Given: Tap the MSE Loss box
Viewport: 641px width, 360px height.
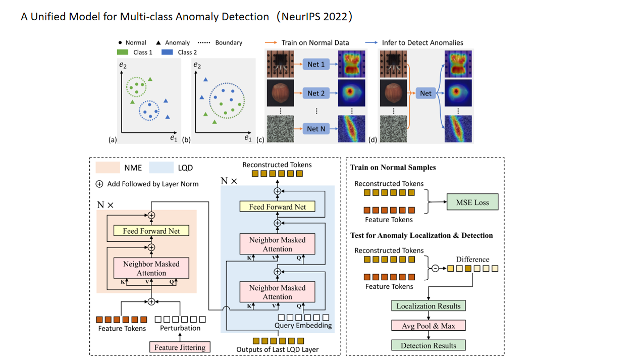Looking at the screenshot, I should click(472, 203).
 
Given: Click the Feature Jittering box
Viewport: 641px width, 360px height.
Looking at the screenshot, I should click(180, 347).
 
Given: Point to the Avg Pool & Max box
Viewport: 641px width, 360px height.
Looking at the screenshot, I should click(428, 326).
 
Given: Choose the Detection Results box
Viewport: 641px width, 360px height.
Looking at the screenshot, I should click(428, 345).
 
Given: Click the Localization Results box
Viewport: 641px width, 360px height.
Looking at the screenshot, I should click(428, 306).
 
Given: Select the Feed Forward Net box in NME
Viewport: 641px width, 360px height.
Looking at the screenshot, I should click(151, 231).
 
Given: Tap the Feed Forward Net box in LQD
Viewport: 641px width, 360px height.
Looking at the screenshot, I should click(277, 207).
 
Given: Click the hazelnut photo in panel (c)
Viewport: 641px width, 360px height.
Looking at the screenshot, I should click(280, 93).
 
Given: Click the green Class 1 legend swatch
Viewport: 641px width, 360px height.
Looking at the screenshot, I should click(123, 52).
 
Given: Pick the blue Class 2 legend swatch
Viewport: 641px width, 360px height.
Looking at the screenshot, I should click(168, 52).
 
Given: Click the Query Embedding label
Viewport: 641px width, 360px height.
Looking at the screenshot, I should click(303, 326).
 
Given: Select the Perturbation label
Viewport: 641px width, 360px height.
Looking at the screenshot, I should click(180, 328).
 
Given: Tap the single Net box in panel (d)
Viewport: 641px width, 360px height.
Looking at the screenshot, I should click(425, 93).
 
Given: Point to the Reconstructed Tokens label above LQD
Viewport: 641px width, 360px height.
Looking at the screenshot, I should click(277, 165).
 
